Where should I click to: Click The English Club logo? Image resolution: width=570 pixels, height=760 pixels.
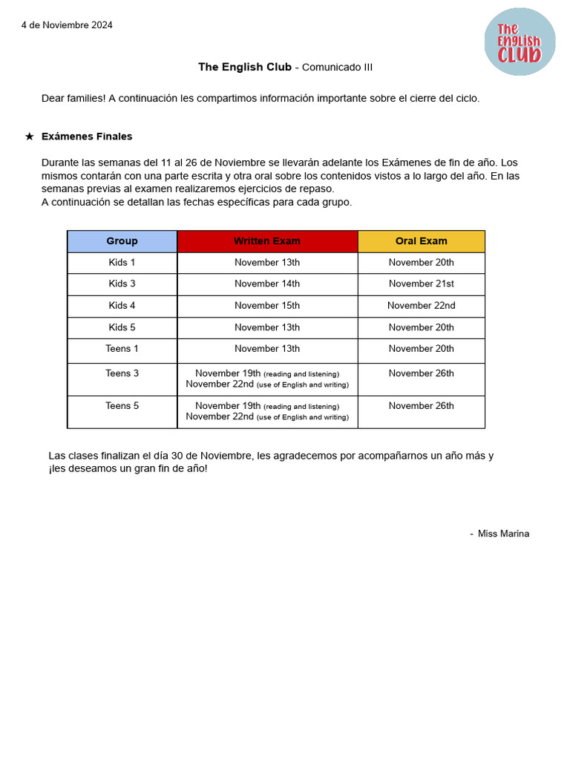click(x=520, y=42)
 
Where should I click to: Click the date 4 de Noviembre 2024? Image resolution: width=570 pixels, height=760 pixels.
click(x=67, y=25)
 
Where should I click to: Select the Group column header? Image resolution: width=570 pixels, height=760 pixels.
click(x=122, y=241)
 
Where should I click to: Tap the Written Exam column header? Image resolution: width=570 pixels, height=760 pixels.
click(x=267, y=241)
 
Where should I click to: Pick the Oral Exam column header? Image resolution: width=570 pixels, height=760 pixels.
click(x=421, y=241)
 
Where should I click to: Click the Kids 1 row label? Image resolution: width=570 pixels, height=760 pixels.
click(x=122, y=263)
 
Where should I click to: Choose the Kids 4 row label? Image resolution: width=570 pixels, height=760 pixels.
click(x=122, y=306)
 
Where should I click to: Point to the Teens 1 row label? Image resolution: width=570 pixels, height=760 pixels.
click(x=122, y=349)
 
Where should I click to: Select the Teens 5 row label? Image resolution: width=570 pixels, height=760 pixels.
click(x=122, y=406)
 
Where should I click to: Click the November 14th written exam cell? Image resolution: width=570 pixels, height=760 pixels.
click(x=267, y=284)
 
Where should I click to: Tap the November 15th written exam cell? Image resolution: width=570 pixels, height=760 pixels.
click(x=267, y=306)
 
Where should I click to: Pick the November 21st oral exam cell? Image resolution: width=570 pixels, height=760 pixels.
click(x=421, y=284)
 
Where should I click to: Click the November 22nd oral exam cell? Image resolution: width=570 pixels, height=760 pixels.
click(x=421, y=306)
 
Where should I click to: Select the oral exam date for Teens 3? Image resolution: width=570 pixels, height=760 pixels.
click(x=421, y=374)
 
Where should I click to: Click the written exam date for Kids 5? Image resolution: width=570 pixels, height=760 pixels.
click(x=267, y=327)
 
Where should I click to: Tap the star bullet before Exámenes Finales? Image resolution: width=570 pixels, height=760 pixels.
click(x=30, y=137)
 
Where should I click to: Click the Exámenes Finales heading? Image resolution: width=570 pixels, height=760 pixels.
click(x=87, y=137)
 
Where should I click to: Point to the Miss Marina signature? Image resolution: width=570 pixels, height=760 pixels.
click(x=503, y=534)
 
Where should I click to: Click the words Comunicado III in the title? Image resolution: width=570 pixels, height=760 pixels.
click(x=338, y=68)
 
